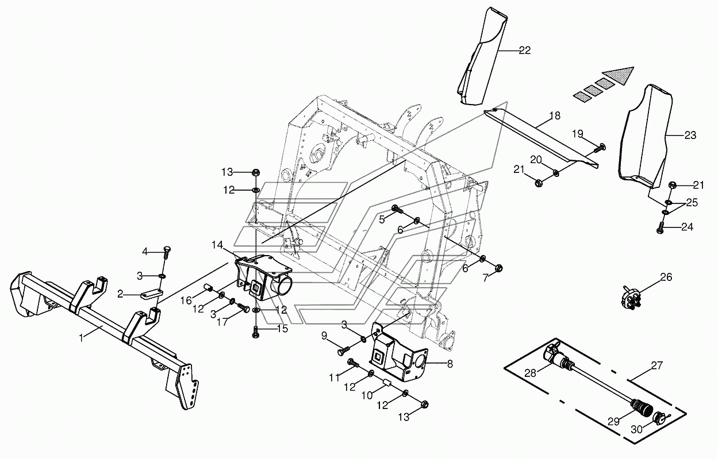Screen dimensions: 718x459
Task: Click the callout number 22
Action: coord(524,51)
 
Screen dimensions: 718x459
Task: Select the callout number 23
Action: coord(690,135)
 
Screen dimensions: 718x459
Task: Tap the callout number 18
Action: coord(555,115)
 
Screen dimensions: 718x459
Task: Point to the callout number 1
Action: coord(82,338)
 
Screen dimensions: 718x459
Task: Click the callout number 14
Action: coord(217,245)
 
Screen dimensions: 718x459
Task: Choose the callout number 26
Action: coord(666,277)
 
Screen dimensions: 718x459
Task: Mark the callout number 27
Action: coord(656,365)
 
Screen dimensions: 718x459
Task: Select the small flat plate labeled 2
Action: coord(152,294)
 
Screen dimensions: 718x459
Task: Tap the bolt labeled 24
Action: coord(660,227)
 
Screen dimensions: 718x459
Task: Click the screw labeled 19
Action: coord(598,148)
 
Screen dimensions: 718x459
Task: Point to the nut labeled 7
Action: coord(498,268)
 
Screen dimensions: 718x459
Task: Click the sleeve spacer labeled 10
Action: coord(387,383)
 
